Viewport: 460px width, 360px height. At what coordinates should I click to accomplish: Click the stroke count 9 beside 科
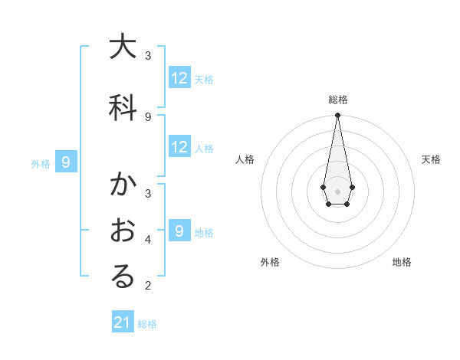click(x=148, y=116)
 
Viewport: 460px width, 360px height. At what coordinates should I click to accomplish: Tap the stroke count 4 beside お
click(x=148, y=239)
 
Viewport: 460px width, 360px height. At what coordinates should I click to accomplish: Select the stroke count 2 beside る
click(x=148, y=286)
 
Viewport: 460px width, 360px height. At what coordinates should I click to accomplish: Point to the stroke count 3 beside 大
click(x=148, y=55)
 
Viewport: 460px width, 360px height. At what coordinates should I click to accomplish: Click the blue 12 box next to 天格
click(x=179, y=78)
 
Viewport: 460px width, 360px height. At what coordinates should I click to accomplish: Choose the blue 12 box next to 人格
click(x=179, y=147)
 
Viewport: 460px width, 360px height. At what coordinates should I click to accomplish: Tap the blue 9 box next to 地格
click(x=179, y=231)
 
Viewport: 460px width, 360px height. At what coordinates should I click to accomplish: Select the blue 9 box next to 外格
click(x=66, y=162)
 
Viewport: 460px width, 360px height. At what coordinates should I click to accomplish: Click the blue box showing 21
click(x=123, y=323)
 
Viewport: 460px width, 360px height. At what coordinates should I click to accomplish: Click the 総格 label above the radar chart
click(x=337, y=100)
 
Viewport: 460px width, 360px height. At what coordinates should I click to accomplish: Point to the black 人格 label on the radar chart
click(x=245, y=159)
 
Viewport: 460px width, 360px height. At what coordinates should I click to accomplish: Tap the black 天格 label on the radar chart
click(x=431, y=159)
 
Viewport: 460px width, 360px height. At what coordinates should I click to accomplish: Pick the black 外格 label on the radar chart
click(x=270, y=262)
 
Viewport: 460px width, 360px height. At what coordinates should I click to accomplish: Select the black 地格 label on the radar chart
click(x=402, y=262)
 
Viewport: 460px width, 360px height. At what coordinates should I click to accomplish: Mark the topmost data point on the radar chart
click(x=337, y=116)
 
